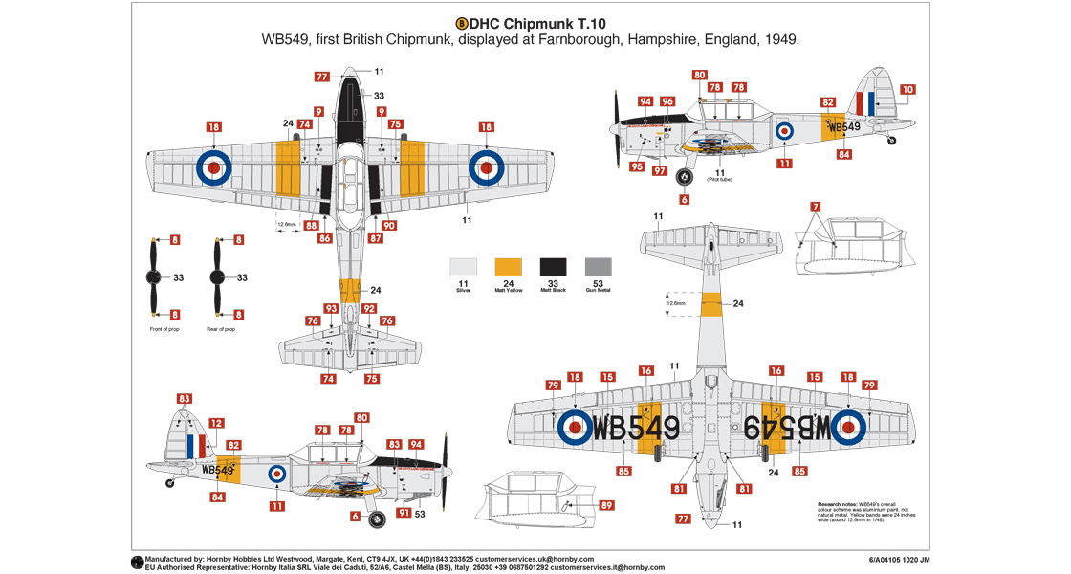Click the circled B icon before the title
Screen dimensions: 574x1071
[x=463, y=23]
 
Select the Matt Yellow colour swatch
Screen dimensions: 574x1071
[x=508, y=267]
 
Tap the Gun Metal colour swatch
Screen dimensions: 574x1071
[x=598, y=267]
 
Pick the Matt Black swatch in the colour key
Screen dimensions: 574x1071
[x=553, y=267]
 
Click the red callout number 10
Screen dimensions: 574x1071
[x=907, y=89]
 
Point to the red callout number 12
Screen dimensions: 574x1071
[x=216, y=422]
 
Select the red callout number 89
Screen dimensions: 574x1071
[x=606, y=505]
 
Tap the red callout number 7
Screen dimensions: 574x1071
[x=815, y=207]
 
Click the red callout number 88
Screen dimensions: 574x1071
[x=311, y=225]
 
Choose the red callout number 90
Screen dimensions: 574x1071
[x=388, y=225]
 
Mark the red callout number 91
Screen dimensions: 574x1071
[x=404, y=513]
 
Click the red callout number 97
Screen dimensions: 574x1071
[x=660, y=170]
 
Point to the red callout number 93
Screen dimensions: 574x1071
[x=331, y=308]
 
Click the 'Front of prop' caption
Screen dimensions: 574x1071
[x=164, y=329]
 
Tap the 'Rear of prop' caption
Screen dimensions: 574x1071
[x=222, y=329]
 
